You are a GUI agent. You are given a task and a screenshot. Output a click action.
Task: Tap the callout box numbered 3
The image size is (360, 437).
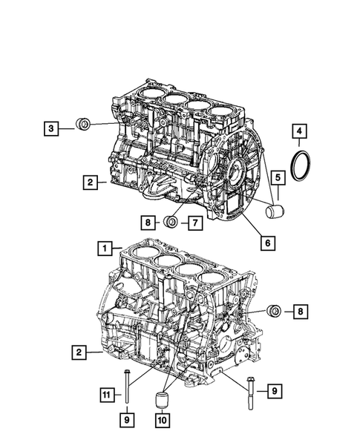(x=50, y=129)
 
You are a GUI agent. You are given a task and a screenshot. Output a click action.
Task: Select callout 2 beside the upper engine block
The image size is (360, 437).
(x=88, y=180)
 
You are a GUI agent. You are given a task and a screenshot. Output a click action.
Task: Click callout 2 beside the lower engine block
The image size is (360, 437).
(x=77, y=352)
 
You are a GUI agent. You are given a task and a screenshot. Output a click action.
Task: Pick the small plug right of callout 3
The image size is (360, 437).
(x=84, y=125)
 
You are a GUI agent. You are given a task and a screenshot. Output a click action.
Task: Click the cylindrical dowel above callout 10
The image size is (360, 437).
(x=162, y=401)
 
